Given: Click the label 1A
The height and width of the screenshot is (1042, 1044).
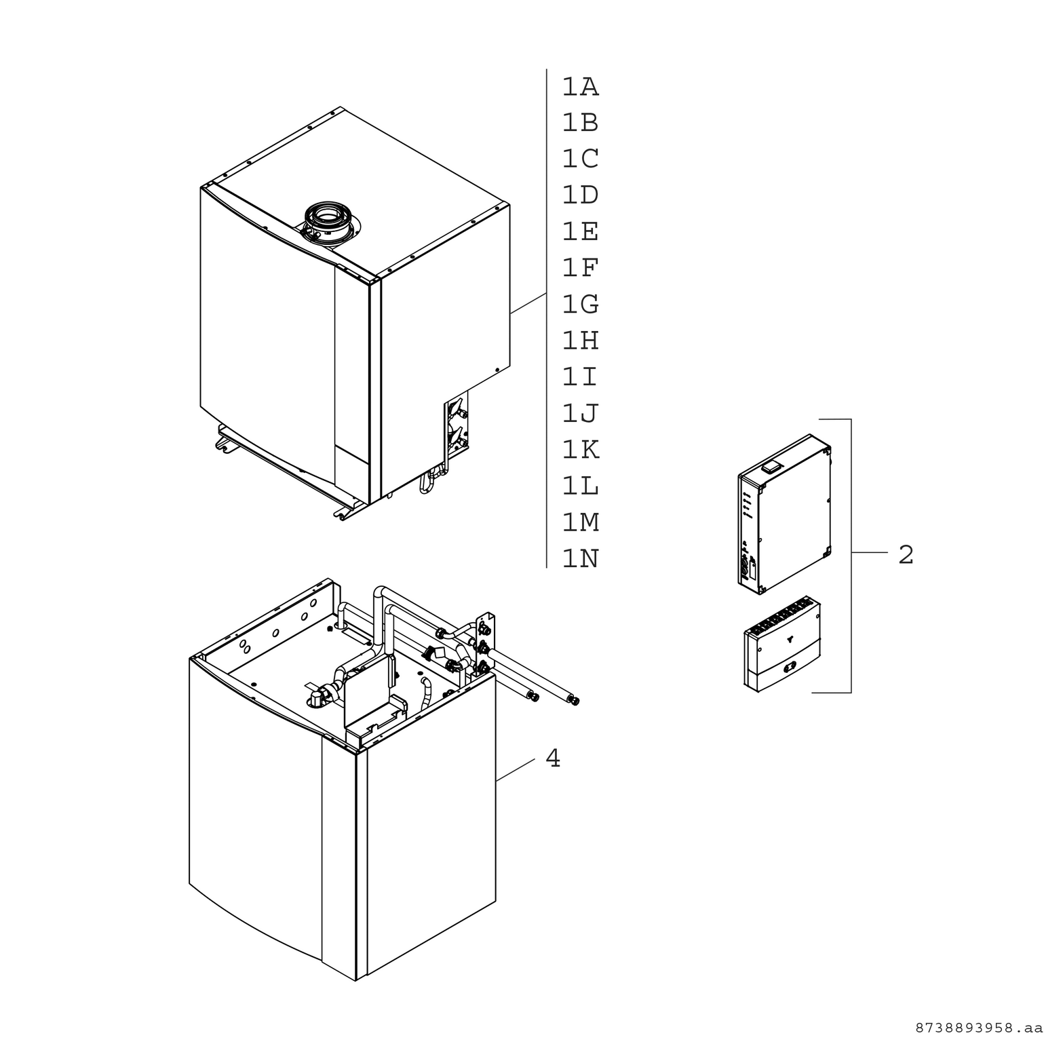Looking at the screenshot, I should (580, 87).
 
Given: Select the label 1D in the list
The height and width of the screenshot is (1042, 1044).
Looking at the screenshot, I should (580, 195).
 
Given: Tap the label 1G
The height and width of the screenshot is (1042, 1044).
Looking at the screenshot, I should (580, 304).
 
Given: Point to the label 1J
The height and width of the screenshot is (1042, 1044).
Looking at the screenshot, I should (580, 413).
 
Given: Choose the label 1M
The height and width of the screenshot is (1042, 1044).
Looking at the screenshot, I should (580, 522).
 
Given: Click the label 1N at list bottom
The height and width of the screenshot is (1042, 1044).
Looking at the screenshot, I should (580, 559).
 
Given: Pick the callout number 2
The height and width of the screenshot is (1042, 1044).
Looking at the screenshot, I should (906, 555).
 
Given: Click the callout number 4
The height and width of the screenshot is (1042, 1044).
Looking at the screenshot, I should (553, 758).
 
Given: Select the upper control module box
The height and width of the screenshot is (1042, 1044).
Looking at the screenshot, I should (784, 514).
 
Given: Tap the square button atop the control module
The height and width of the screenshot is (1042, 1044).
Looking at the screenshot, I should (771, 465).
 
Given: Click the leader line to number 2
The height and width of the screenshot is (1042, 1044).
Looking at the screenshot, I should (870, 553).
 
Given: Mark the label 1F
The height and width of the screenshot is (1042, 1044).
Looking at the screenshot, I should (580, 268).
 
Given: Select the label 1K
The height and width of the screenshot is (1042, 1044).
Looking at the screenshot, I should (580, 450).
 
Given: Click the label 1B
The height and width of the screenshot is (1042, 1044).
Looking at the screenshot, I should (580, 123).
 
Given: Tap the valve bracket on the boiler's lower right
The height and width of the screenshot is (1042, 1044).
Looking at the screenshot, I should (457, 424).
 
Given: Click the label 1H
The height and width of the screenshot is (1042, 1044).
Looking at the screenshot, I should (580, 341).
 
